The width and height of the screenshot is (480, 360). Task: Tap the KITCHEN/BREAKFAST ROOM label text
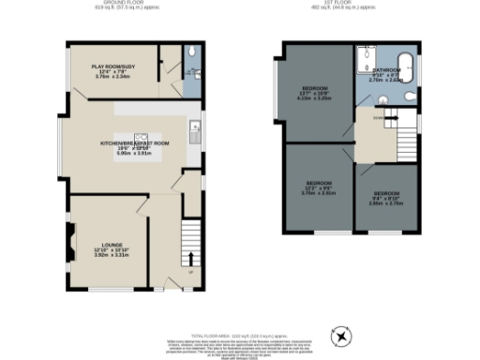(134, 142)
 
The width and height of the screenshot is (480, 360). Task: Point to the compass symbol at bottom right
(343, 335)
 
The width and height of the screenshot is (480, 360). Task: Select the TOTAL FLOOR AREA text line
(239, 335)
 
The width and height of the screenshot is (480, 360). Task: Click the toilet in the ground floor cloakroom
(190, 52)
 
